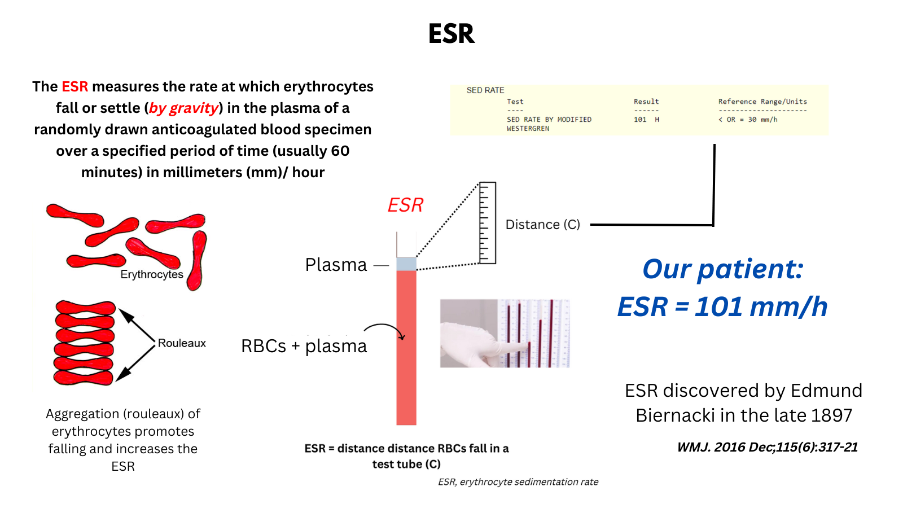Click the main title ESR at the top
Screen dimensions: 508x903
click(x=451, y=34)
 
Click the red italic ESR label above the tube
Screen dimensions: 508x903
click(x=405, y=205)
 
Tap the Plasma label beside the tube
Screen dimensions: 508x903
click(x=336, y=265)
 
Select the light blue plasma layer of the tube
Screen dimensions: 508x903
click(x=406, y=264)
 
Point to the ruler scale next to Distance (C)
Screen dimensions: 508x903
click(x=487, y=223)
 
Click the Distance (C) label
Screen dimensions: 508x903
click(x=542, y=225)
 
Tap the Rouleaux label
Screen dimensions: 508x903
click(x=182, y=343)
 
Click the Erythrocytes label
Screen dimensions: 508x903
click(x=152, y=274)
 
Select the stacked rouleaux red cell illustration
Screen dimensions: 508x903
click(x=85, y=343)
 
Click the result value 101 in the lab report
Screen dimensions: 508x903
click(x=640, y=120)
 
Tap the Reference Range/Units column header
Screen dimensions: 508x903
click(x=762, y=102)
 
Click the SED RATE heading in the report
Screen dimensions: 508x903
click(x=485, y=90)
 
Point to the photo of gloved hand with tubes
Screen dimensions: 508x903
click(x=505, y=334)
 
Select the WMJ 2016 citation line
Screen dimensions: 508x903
click(x=767, y=447)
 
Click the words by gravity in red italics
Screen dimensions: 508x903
click(x=184, y=108)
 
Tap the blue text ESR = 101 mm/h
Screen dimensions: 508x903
click(x=722, y=307)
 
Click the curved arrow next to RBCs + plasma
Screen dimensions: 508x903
click(x=385, y=330)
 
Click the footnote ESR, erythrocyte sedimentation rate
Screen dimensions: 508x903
click(x=518, y=482)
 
